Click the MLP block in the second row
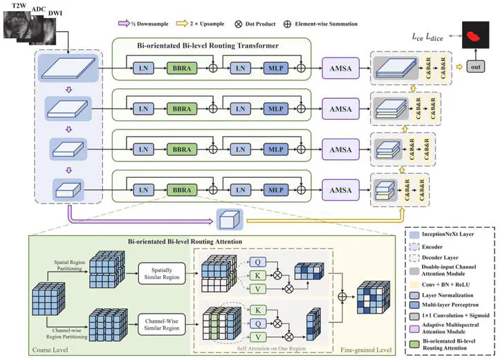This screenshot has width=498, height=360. [x=275, y=109]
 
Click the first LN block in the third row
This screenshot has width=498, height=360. [x=145, y=149]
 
